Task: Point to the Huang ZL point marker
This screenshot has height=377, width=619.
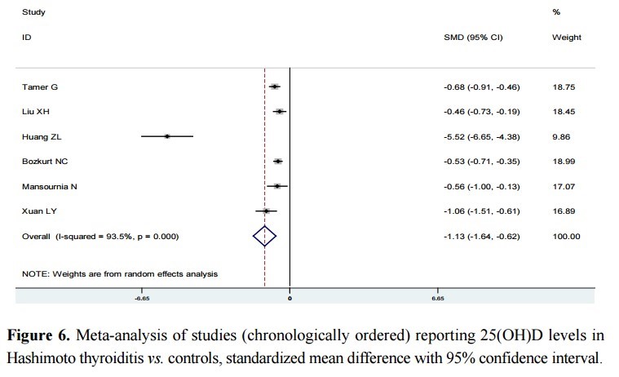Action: pyautogui.click(x=167, y=136)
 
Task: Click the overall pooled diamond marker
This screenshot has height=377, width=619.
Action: pyautogui.click(x=265, y=237)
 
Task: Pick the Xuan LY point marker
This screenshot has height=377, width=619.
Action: pyautogui.click(x=266, y=211)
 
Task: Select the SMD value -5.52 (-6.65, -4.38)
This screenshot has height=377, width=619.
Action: pyautogui.click(x=481, y=136)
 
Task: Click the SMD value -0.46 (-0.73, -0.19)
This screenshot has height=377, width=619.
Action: pyautogui.click(x=481, y=112)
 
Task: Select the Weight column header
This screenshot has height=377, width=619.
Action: pyautogui.click(x=567, y=38)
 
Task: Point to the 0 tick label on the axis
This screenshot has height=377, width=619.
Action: pyautogui.click(x=290, y=299)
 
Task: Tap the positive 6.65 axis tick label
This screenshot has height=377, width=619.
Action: pyautogui.click(x=437, y=299)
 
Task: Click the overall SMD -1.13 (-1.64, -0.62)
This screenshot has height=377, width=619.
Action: pyautogui.click(x=481, y=237)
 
